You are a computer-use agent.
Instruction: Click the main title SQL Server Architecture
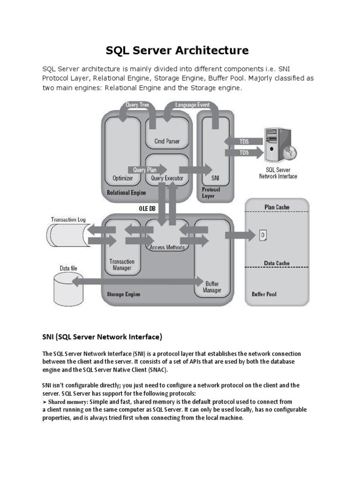180,50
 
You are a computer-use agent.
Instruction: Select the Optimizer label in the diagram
123,178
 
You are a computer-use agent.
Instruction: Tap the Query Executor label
167,178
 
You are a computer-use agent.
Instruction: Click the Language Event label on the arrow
192,105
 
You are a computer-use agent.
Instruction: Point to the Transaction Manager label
121,265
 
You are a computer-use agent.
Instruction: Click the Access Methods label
167,247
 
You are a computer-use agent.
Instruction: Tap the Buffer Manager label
211,287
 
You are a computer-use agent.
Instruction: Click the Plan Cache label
277,207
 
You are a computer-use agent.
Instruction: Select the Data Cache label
277,263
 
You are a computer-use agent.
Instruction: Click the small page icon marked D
263,234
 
